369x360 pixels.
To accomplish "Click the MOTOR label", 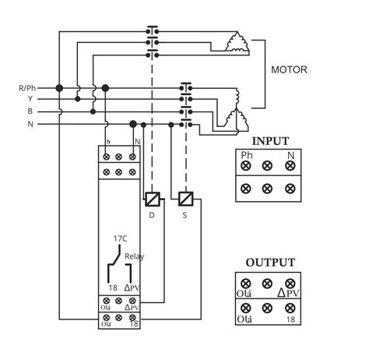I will pyautogui.click(x=288, y=69).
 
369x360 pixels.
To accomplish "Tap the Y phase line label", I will pyautogui.click(x=31, y=99).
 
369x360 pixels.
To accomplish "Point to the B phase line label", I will pyautogui.click(x=31, y=111).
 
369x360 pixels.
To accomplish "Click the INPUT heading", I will pyautogui.click(x=267, y=141).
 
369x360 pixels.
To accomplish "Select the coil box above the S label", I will pyautogui.click(x=185, y=198).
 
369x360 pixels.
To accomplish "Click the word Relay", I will pyautogui.click(x=135, y=255).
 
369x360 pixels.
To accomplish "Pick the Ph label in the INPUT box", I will pyautogui.click(x=246, y=155).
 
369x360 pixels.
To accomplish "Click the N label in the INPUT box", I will pyautogui.click(x=290, y=155).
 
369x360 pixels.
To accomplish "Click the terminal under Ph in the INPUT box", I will pyautogui.click(x=246, y=166).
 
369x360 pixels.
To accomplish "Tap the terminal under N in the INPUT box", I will pyautogui.click(x=290, y=166).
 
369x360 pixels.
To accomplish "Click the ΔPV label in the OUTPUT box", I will pyautogui.click(x=289, y=294).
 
